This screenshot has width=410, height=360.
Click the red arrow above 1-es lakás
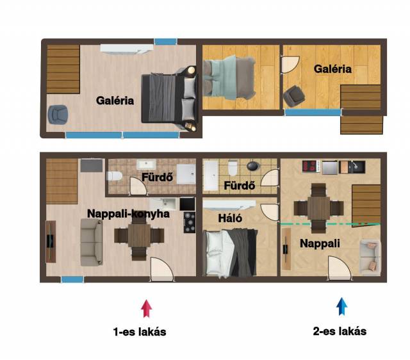[147, 309]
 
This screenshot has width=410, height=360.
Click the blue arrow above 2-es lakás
[341, 306]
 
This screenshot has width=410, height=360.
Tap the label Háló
[230, 218]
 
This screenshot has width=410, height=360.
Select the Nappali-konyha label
[128, 214]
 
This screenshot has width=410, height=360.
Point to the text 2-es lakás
[340, 331]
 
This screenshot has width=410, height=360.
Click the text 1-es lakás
[140, 332]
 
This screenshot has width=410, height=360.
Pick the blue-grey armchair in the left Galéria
[58, 114]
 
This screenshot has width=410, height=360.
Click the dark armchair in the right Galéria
[294, 95]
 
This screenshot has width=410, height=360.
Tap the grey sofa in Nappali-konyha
[91, 242]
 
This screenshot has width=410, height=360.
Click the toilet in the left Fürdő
[115, 176]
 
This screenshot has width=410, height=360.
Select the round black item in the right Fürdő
[253, 166]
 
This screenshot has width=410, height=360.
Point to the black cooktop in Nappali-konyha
[190, 222]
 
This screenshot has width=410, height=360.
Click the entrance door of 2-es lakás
[340, 268]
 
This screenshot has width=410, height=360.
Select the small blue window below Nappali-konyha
[72, 279]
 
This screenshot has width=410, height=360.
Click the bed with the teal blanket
[229, 78]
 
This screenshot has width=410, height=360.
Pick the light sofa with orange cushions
[370, 257]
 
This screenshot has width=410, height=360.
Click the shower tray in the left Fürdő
[186, 174]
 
